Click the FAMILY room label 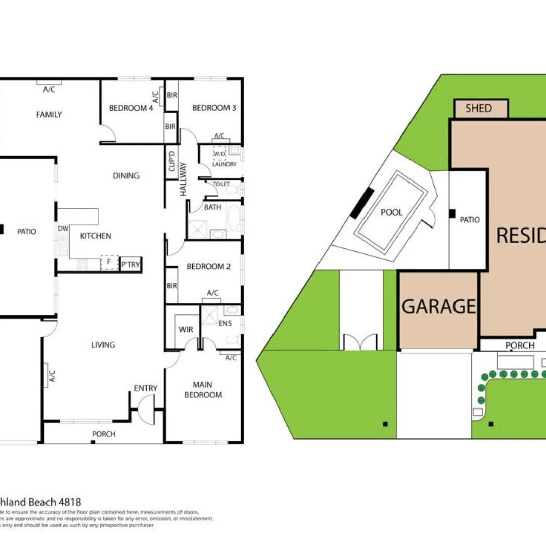click(x=49, y=115)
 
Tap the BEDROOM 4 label click(x=131, y=108)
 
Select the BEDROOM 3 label click(x=214, y=108)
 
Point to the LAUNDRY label click(x=224, y=164)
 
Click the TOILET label click(x=221, y=184)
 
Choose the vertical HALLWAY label click(x=184, y=179)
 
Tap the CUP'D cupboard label click(x=172, y=161)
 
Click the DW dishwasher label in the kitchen click(x=63, y=229)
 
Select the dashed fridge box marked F click(x=109, y=263)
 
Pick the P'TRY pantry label click(x=130, y=264)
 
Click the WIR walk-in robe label click(x=186, y=330)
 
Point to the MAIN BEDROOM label click(x=203, y=390)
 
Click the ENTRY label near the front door click(x=146, y=388)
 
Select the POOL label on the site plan click(x=391, y=213)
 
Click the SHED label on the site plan click(x=478, y=108)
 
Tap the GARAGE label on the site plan click(x=439, y=306)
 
